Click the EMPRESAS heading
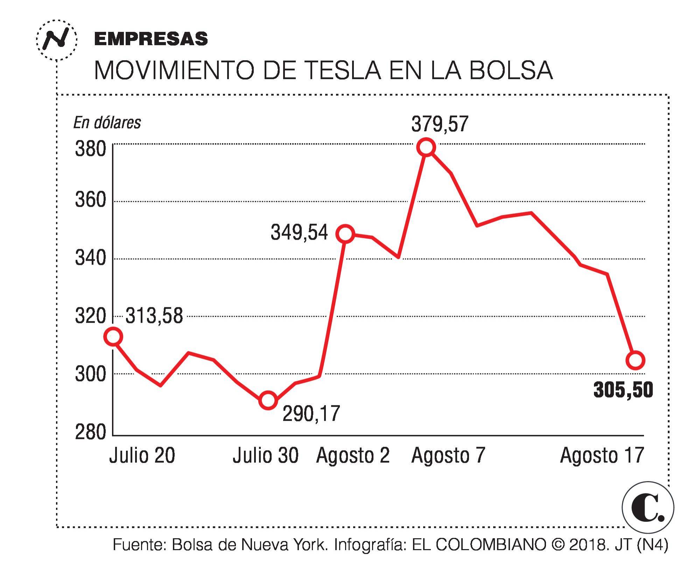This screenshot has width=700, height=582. tap(151, 39)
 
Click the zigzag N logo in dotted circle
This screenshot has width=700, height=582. tap(56, 40)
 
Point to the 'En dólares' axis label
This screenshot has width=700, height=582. tap(107, 123)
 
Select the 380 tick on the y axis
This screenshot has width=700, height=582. tap(90, 149)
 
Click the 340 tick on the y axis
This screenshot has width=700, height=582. tap(90, 259)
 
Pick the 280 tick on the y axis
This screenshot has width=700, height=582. tap(90, 433)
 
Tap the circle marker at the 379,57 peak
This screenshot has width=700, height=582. tap(426, 147)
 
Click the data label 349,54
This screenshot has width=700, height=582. tap(299, 232)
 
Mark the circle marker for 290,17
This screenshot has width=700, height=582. tap(268, 400)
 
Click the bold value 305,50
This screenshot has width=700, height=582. tap(623, 390)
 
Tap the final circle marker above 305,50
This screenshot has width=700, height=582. tap(635, 360)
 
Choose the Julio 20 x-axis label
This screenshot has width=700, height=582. tap(142, 456)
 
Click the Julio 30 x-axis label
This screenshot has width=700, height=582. tap(266, 456)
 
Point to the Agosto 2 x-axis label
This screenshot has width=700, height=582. tap(353, 456)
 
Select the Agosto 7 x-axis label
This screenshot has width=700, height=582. tap(448, 456)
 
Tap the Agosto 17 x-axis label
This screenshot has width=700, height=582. tap(602, 456)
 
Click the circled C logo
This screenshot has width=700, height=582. tap(648, 508)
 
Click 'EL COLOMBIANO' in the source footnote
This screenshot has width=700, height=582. tap(479, 545)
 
